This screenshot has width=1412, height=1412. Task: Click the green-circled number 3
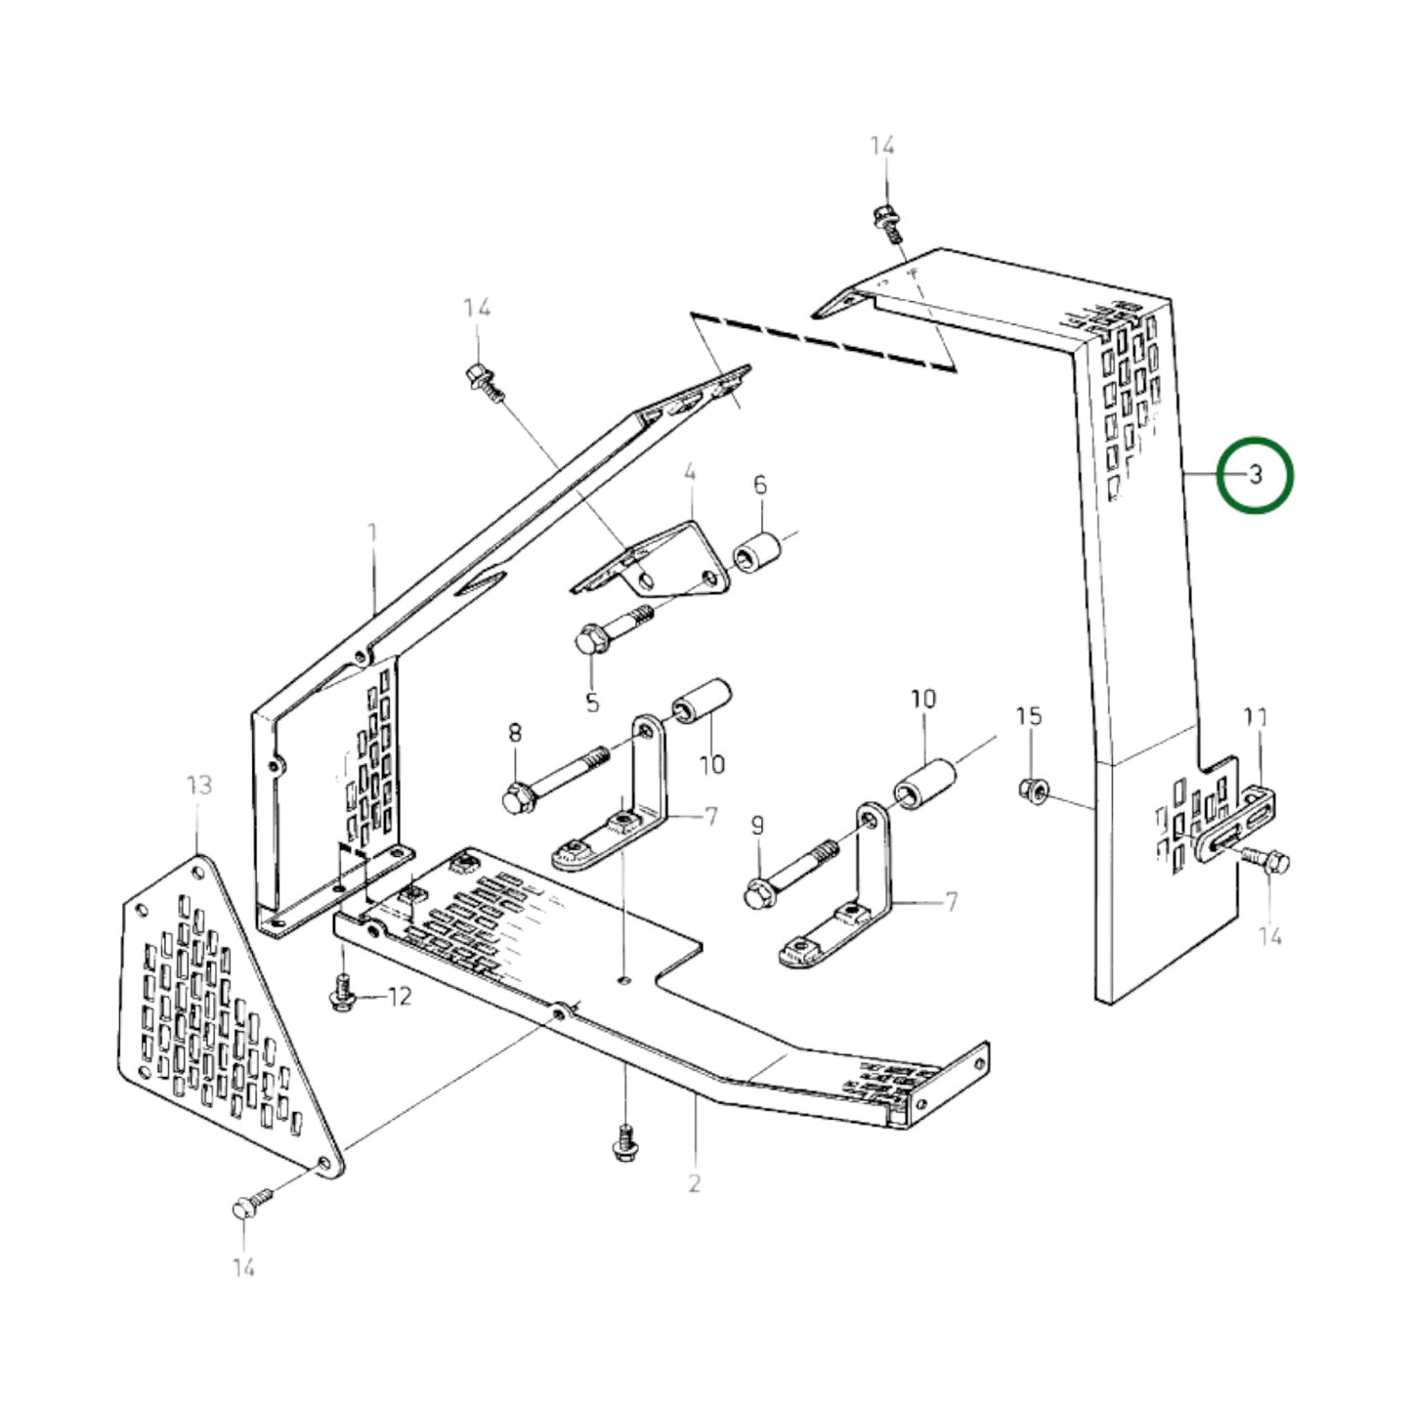click(1256, 475)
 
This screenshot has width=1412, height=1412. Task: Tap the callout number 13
click(198, 786)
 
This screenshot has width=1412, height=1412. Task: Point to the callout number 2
click(695, 1183)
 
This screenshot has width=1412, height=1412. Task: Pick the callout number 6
click(760, 485)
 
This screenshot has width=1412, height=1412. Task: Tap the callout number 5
click(592, 702)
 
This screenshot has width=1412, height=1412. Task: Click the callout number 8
click(515, 732)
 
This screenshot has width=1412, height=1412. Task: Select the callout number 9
click(757, 827)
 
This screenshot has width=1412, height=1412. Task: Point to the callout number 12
click(400, 997)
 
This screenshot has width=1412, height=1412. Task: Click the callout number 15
click(1029, 716)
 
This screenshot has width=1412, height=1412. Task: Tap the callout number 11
click(1256, 718)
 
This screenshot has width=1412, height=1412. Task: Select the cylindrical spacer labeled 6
click(758, 554)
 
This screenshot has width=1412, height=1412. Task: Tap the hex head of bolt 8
click(516, 799)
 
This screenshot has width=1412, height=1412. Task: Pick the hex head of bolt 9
click(758, 893)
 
